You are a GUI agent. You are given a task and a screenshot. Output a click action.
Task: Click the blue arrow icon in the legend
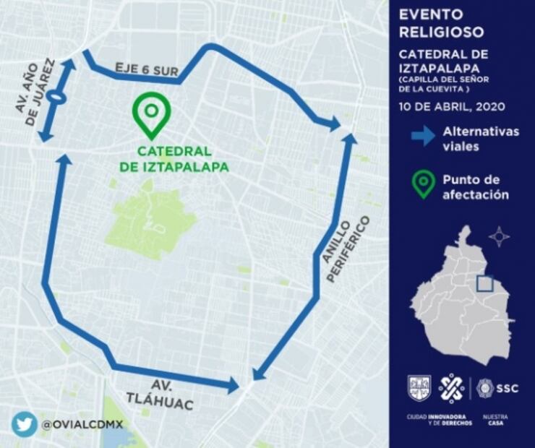tap(423, 135)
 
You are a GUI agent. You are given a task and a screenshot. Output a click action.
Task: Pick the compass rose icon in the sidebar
tap(499, 236)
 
